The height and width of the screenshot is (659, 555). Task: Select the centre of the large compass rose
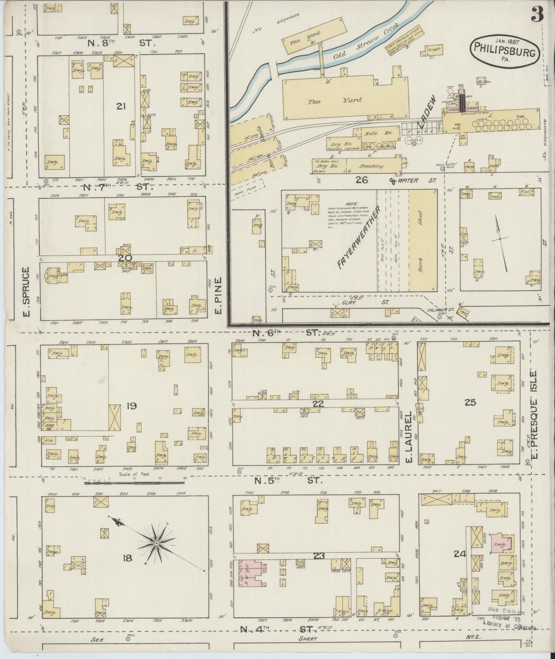157,553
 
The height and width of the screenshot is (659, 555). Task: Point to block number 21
120,107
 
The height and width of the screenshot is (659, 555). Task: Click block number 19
132,406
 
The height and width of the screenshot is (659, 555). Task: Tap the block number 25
470,402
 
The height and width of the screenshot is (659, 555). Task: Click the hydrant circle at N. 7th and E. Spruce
46,181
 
